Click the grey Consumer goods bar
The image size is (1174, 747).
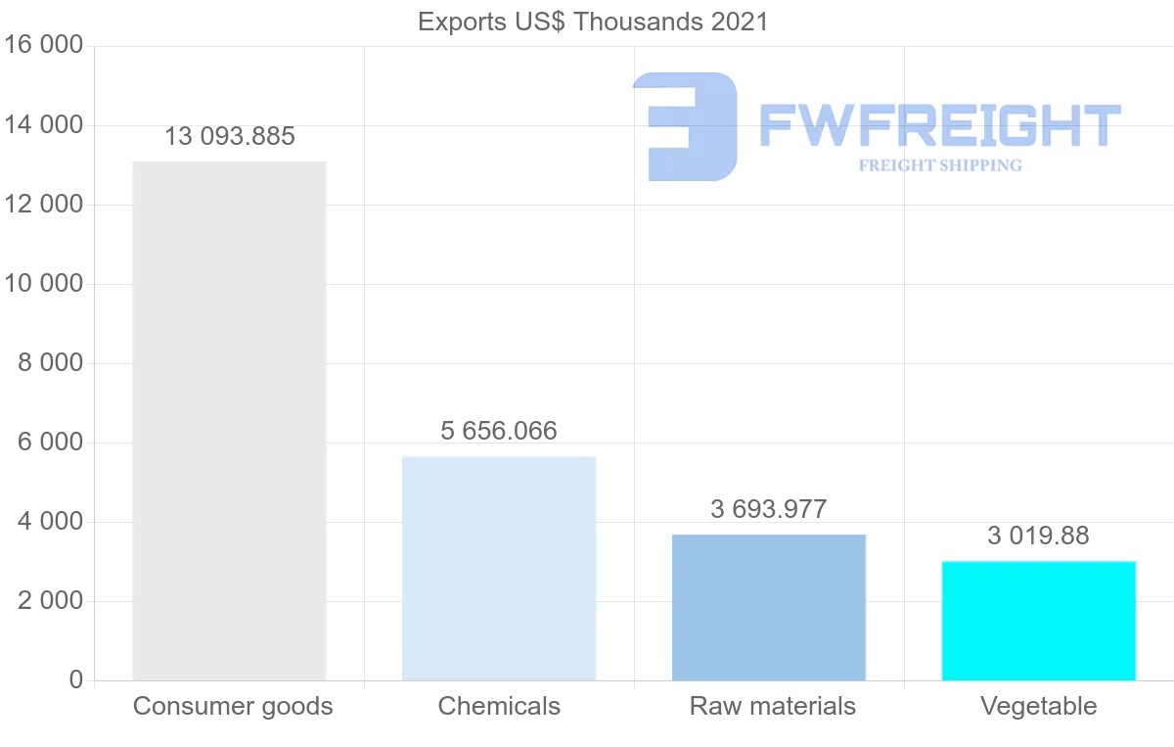229,421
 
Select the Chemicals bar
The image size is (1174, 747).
499,568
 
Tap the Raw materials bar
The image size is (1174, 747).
769,607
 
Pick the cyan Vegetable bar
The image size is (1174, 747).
1039,621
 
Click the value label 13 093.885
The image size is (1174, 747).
229,137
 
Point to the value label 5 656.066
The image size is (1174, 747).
499,432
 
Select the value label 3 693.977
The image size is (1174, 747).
769,510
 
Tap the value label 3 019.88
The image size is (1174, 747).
1039,537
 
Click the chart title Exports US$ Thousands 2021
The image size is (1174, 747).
593,22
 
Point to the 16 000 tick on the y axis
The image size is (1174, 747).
43,46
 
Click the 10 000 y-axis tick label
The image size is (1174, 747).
43,284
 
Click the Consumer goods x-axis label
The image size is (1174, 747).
233,707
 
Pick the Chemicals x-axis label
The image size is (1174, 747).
499,707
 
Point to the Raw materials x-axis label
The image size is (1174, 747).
773,707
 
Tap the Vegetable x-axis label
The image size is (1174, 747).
1039,707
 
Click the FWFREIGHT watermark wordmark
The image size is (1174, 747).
939,125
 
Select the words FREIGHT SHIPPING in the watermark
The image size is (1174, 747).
940,165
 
